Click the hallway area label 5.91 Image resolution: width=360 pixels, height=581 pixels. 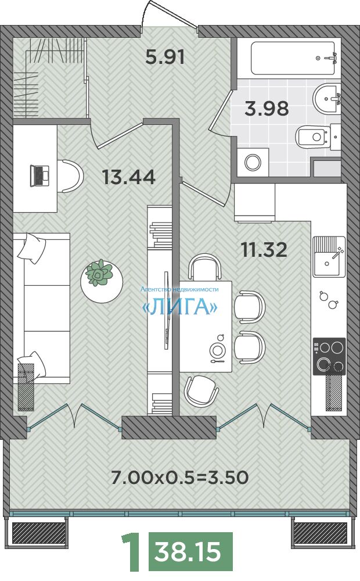point(165,57)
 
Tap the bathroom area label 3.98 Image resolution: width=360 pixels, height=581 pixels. point(267,109)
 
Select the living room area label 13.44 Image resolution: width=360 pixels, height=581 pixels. point(129,177)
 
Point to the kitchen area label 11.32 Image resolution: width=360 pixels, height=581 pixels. point(264,250)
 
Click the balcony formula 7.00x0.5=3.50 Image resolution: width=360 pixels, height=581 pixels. point(180,478)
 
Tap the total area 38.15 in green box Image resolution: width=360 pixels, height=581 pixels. point(188,552)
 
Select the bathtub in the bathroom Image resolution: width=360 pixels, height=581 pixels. point(293,58)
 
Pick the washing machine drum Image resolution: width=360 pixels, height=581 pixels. point(253,162)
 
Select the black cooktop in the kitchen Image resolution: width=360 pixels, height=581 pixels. point(329,356)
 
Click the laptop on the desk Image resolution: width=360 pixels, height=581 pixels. point(39,175)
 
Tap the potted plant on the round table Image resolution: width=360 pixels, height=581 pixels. point(99,272)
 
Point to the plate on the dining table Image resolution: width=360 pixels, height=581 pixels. point(217,349)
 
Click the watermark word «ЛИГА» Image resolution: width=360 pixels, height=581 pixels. point(180,307)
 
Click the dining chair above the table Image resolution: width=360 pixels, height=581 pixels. point(205,266)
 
